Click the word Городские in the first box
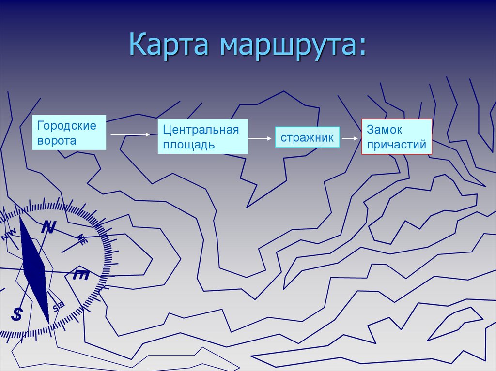point(67,126)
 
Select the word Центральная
point(201,130)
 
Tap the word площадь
point(189,145)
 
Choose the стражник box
point(308,137)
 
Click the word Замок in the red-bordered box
point(385,130)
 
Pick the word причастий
point(396,144)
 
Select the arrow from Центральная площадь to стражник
point(261,138)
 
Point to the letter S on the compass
point(17,314)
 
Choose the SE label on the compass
point(58,306)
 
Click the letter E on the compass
point(80,275)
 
